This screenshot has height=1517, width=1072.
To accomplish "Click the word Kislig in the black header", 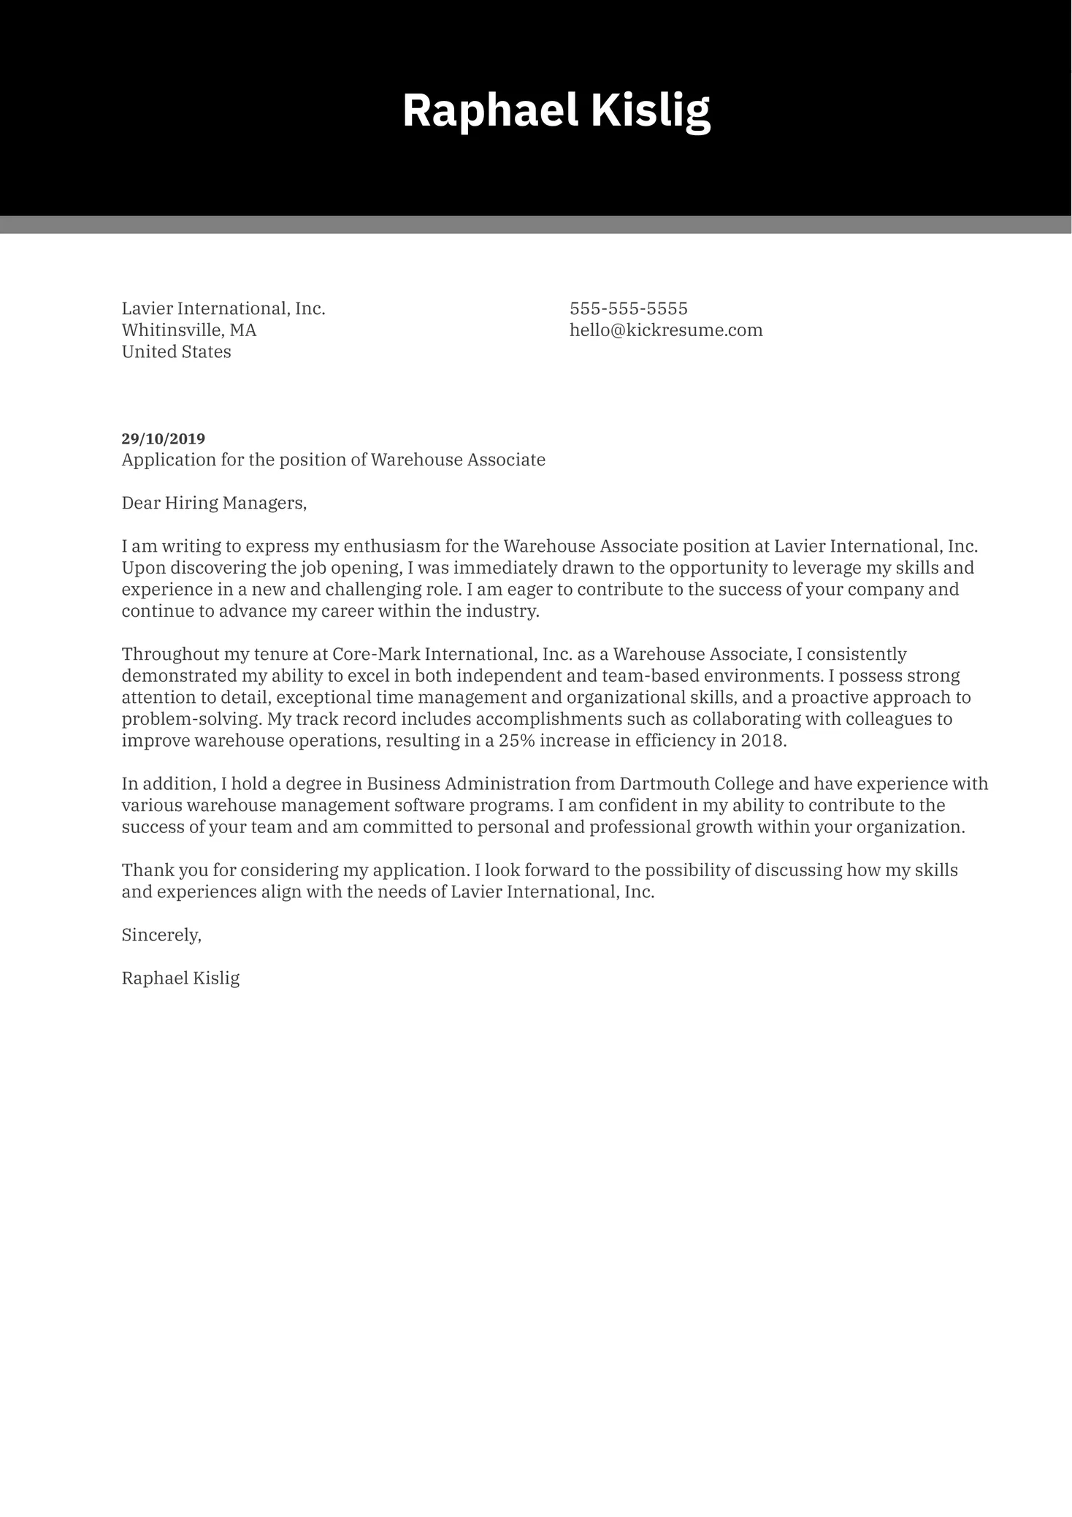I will [x=650, y=110].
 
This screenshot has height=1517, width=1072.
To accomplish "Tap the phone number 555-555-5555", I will [x=628, y=308].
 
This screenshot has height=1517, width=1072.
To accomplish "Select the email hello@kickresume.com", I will [x=665, y=330].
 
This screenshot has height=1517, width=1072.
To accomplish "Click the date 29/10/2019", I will [x=163, y=438].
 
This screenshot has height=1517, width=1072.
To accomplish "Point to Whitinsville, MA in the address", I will [x=188, y=330].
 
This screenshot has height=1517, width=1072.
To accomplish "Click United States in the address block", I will [x=176, y=352].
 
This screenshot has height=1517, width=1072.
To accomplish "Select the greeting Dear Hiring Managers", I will [x=214, y=503].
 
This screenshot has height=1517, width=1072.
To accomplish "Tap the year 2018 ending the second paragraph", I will [x=762, y=740].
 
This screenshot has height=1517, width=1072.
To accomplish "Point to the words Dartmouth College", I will [x=696, y=784].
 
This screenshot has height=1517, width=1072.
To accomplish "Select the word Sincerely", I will [x=161, y=935].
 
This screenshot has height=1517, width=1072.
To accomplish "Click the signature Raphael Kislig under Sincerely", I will [x=180, y=978].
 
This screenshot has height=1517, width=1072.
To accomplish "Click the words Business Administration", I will [x=467, y=784].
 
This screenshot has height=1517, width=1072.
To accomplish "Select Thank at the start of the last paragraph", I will [x=143, y=870].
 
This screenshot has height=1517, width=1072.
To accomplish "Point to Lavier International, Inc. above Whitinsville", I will [x=223, y=308].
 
